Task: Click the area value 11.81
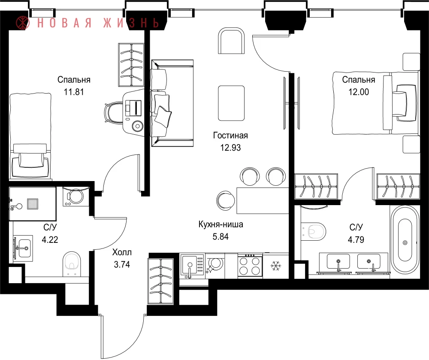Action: click(74, 92)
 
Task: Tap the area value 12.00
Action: click(358, 92)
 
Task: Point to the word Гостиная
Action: click(230, 136)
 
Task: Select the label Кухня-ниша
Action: click(221, 224)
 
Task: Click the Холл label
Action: click(122, 252)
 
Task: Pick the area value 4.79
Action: click(356, 239)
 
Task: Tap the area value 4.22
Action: click(50, 239)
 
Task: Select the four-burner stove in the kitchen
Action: click(250, 266)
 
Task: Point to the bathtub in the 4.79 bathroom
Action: click(405, 240)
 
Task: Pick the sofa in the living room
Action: click(172, 103)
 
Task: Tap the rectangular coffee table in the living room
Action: click(231, 103)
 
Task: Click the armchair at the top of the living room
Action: click(231, 41)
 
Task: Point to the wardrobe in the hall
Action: click(161, 281)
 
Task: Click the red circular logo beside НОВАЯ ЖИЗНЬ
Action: click(23, 23)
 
